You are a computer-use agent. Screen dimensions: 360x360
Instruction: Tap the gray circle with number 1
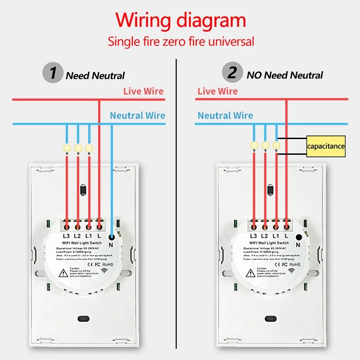[53, 73]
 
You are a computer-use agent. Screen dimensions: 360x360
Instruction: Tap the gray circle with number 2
[232, 73]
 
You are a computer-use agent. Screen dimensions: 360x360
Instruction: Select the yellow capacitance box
[326, 146]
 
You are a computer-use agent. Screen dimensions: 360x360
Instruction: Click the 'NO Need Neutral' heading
[285, 75]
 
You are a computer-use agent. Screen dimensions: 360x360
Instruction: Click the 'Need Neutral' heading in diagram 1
[95, 76]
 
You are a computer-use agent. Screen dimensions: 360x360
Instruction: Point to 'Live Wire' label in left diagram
[144, 91]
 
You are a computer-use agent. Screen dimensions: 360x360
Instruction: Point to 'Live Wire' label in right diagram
[217, 91]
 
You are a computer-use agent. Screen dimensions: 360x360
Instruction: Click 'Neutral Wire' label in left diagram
[137, 116]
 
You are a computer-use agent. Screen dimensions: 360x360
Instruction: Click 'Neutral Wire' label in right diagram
[225, 116]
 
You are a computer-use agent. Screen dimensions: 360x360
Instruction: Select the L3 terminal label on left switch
[66, 236]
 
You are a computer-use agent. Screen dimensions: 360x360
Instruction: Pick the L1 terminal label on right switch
[276, 236]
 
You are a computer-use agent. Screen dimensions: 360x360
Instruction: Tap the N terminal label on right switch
[298, 244]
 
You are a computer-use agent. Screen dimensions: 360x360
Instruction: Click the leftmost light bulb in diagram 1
[67, 147]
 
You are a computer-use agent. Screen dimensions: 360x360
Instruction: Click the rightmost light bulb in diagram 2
[276, 145]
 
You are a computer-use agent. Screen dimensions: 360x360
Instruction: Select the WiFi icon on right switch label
[292, 271]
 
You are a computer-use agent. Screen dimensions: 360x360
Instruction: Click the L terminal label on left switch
[99, 236]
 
